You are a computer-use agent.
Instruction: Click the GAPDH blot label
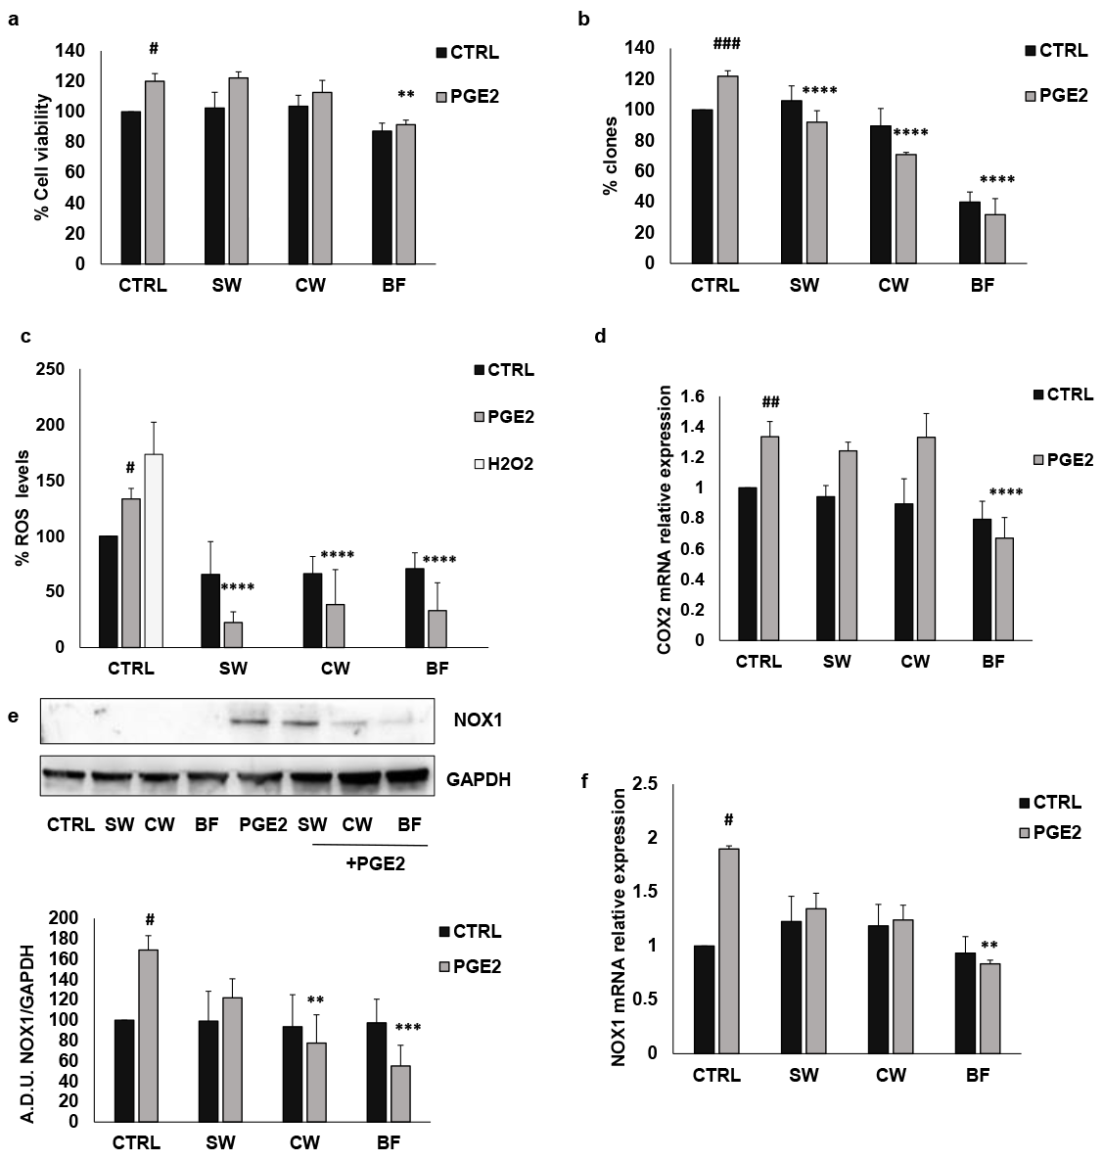click(x=480, y=779)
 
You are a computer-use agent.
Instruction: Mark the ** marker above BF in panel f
click(x=989, y=946)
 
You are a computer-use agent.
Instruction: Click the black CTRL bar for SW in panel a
click(x=214, y=185)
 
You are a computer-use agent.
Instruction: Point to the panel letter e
click(x=13, y=716)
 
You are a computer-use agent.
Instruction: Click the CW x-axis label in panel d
click(x=915, y=662)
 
